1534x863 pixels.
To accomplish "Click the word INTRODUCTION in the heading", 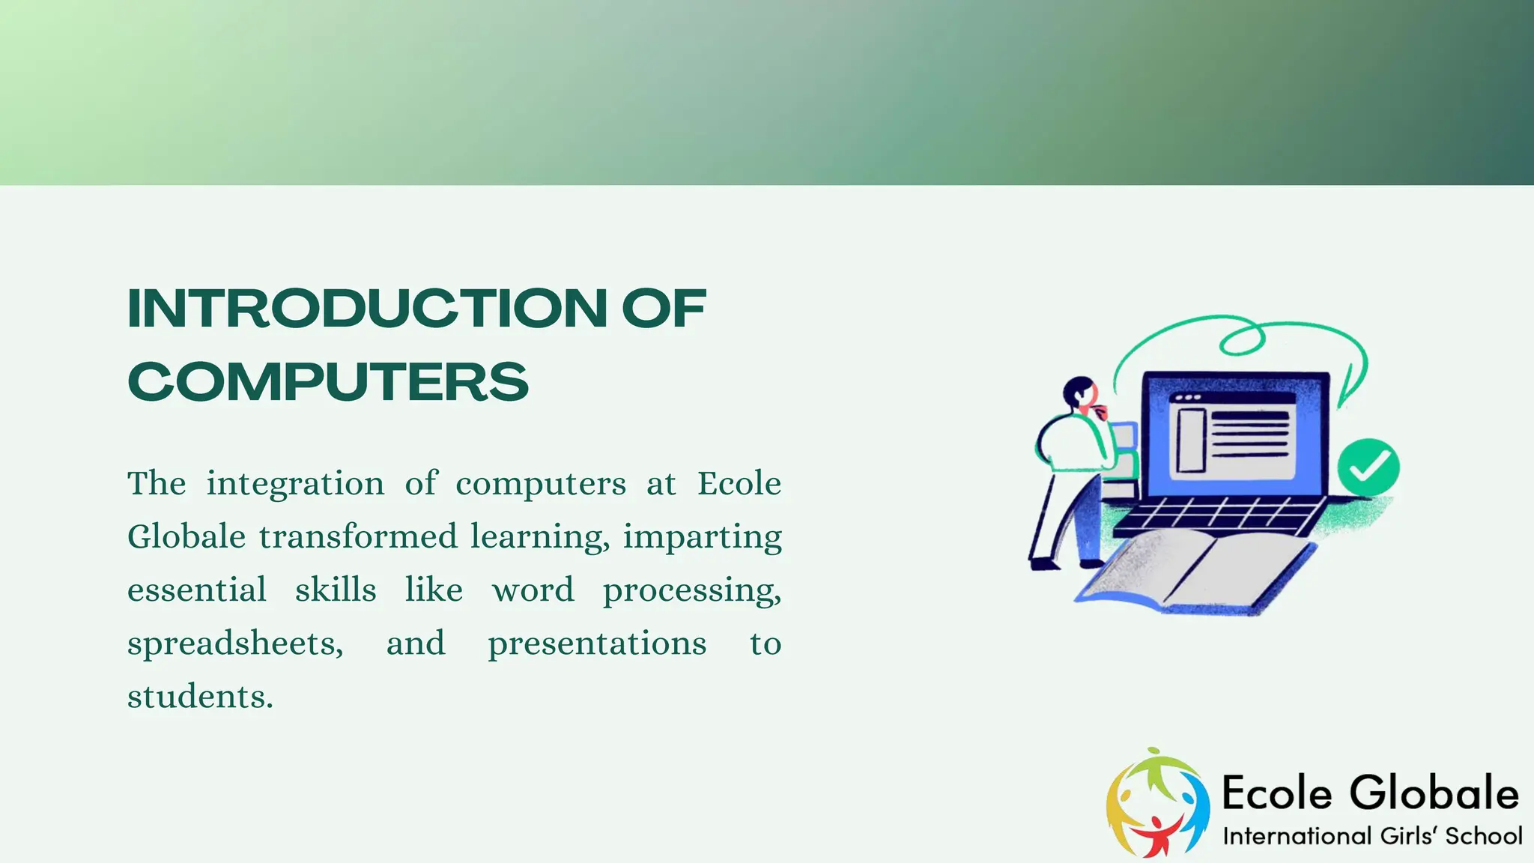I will (367, 309).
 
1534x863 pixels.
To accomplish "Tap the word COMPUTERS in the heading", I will (328, 381).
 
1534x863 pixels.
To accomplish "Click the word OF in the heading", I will (664, 309).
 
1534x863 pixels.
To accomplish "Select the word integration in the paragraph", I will (295, 484).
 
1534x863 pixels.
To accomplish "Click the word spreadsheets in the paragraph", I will (234, 644).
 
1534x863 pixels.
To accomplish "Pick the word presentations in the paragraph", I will (597, 644).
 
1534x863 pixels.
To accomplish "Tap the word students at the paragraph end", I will (199, 697).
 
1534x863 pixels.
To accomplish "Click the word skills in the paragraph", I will (336, 590).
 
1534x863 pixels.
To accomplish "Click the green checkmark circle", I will (1368, 467).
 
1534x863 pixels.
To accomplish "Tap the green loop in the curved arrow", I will (1242, 339).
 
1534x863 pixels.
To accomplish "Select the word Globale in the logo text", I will (1434, 793).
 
